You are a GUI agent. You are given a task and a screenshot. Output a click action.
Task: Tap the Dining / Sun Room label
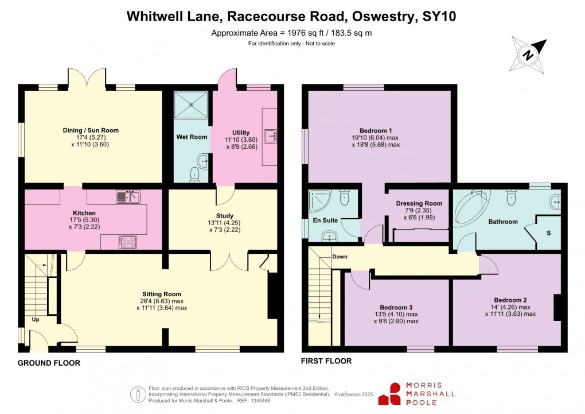point(91,130)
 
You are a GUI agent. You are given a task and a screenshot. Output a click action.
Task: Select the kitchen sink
point(129,197)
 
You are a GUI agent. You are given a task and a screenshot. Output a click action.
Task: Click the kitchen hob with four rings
point(127,242)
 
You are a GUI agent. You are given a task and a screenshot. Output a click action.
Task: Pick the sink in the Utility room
point(270,136)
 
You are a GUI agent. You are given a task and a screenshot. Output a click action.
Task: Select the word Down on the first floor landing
point(340,257)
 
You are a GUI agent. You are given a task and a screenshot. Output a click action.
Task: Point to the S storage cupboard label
point(548,233)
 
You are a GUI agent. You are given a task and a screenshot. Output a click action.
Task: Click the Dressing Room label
point(419,203)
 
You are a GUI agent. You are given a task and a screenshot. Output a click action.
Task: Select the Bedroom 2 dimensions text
point(510,310)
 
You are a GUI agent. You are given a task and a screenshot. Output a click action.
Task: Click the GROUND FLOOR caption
point(49,363)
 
